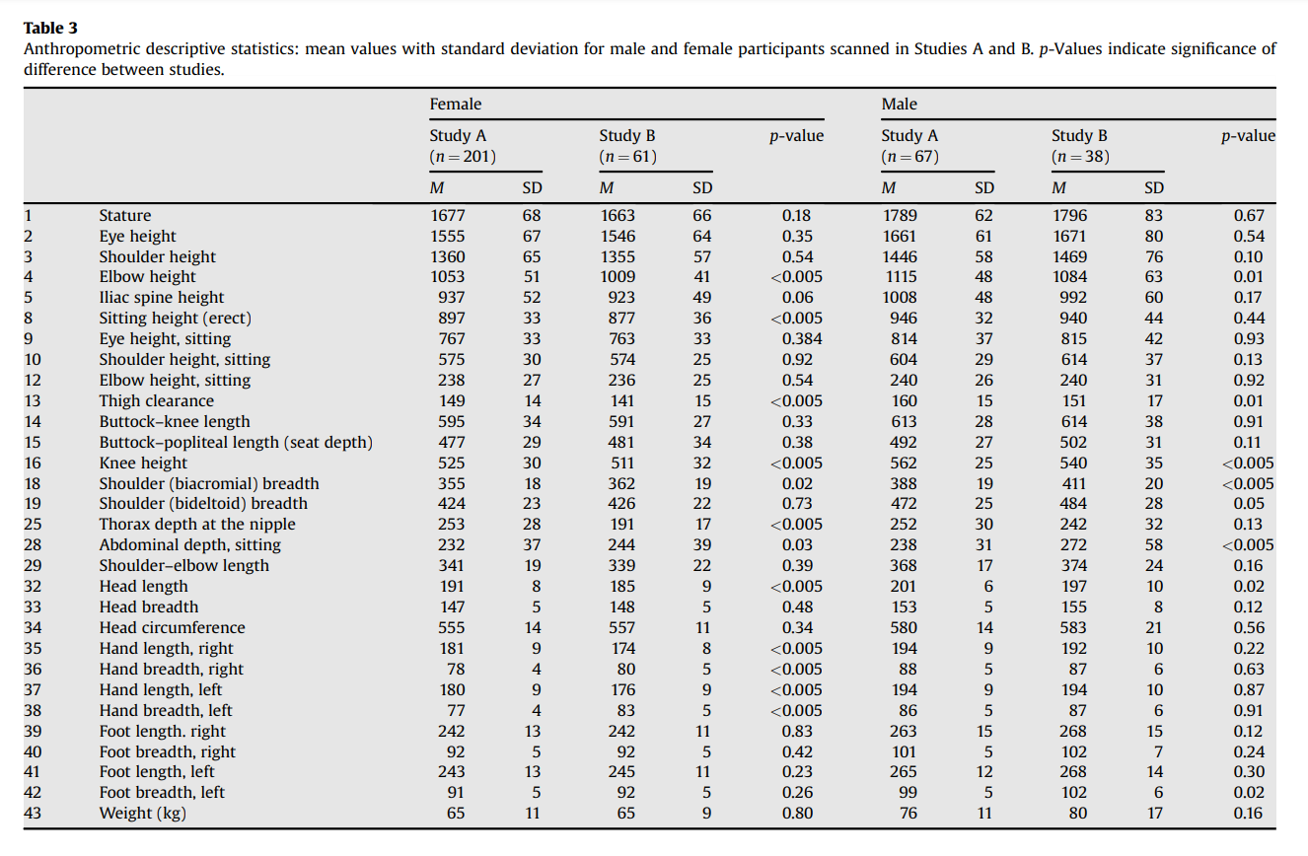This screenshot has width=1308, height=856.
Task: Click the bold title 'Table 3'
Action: (x=50, y=28)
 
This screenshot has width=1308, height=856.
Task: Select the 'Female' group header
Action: (x=456, y=104)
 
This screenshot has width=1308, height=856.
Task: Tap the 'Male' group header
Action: (x=900, y=104)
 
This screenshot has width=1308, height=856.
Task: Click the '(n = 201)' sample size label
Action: (x=463, y=157)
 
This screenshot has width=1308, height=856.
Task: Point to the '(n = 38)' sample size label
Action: (x=1080, y=157)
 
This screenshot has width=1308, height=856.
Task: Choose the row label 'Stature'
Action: (x=125, y=215)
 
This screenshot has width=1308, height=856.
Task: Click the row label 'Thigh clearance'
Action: (x=157, y=401)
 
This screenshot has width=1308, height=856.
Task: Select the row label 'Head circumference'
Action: (x=173, y=627)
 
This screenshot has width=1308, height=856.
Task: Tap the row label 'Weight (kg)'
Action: (x=142, y=814)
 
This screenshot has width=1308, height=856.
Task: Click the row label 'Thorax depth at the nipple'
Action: (x=197, y=525)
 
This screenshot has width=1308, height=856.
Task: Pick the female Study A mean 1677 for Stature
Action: (x=448, y=215)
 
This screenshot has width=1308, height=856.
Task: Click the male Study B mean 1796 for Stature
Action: (x=1069, y=215)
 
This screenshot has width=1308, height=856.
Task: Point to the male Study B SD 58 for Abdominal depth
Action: (x=1154, y=544)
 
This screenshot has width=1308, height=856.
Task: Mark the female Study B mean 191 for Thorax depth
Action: (x=622, y=525)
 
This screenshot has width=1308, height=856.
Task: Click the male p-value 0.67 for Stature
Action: (x=1249, y=215)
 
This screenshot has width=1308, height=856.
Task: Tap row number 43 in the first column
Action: (x=33, y=814)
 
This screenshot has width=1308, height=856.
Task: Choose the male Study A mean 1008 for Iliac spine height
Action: (x=900, y=298)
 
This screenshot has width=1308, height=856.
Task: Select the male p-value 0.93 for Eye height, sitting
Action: (x=1249, y=338)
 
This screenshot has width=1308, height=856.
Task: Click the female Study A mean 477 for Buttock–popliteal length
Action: (x=452, y=443)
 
